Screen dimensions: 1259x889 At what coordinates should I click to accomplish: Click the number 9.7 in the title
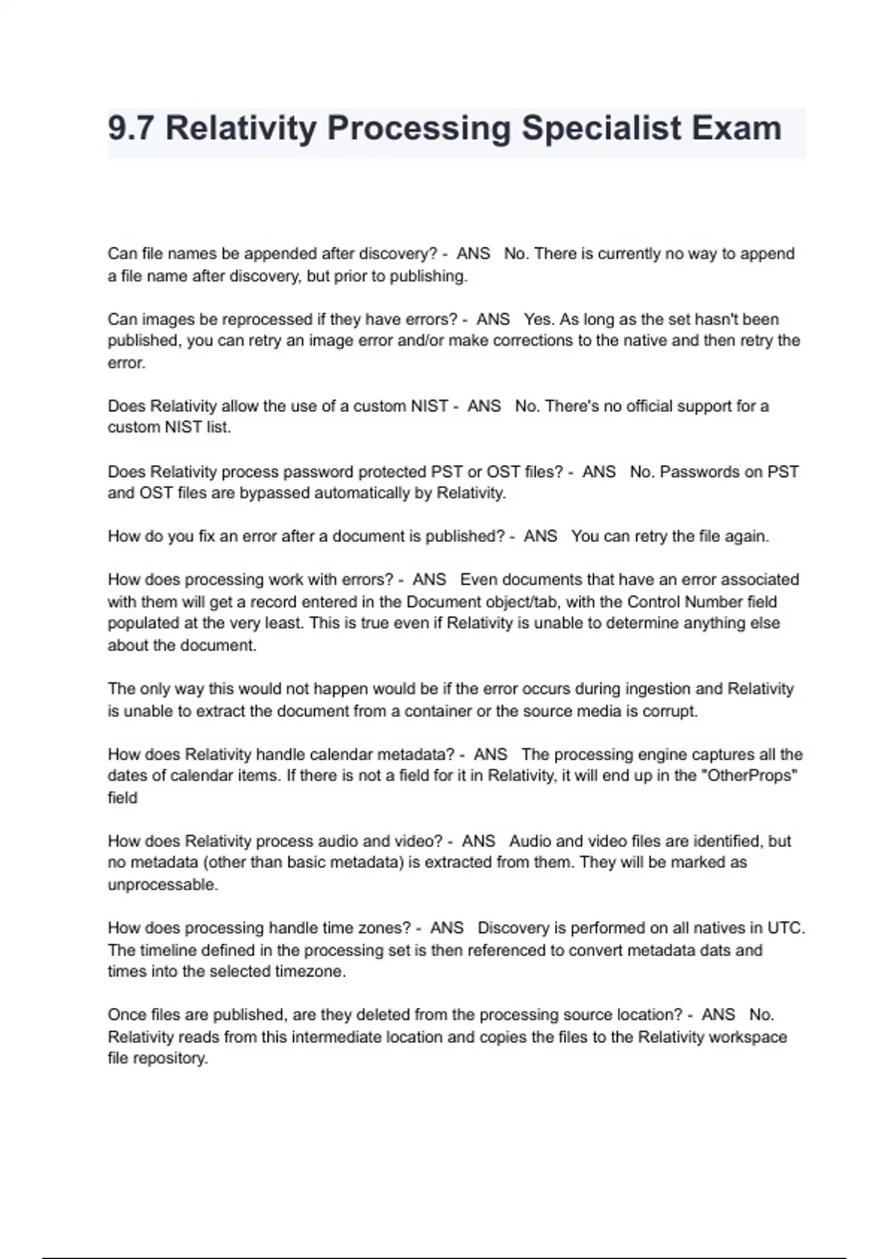[131, 128]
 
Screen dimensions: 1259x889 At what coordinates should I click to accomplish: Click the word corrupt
[671, 711]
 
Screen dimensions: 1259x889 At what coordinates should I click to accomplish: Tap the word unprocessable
[162, 885]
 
